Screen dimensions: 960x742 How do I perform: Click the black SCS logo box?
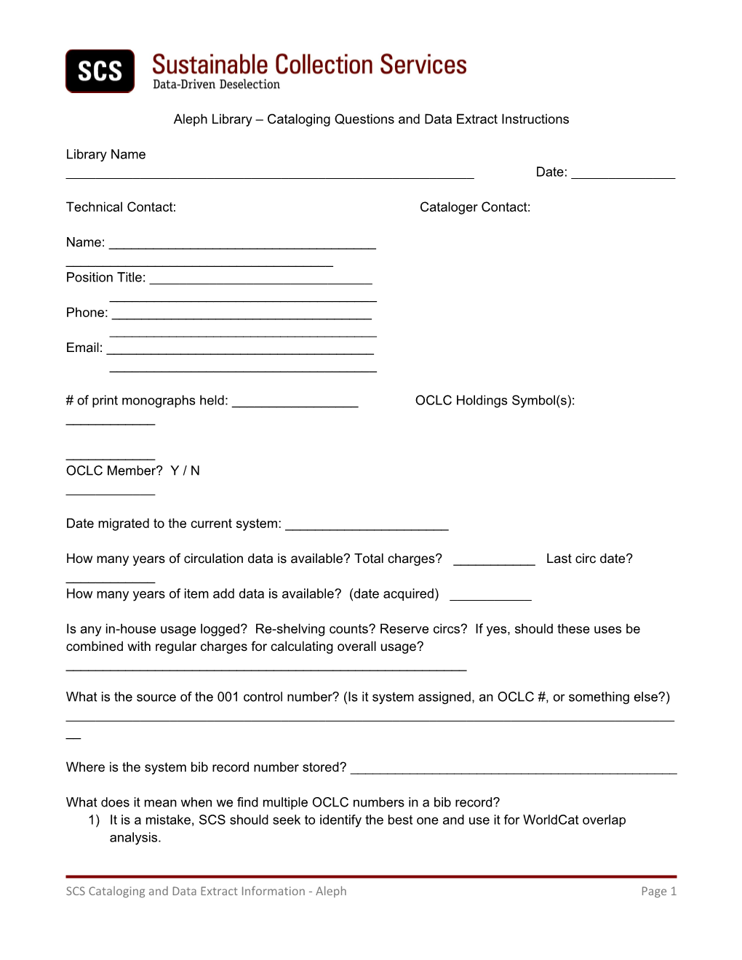pos(100,71)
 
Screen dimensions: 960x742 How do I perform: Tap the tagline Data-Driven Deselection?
pos(216,84)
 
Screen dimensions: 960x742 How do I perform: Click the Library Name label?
pos(105,154)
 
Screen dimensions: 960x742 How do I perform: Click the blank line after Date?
pos(623,175)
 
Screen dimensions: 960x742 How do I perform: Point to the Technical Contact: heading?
pos(121,207)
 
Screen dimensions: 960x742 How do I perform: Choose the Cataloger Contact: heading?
pos(475,207)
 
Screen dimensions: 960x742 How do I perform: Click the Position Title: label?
pos(105,277)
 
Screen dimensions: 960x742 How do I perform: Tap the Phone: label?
pos(87,313)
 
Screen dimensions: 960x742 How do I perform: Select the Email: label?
pos(84,348)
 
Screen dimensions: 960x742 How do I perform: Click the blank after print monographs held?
pos(295,404)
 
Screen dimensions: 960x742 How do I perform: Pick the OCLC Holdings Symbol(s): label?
pos(495,401)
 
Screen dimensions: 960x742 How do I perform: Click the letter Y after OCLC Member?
pos(175,471)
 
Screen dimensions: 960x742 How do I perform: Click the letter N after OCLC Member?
pos(195,471)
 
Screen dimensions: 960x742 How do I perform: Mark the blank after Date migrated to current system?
pos(367,527)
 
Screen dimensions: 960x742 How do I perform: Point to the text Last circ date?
pos(589,559)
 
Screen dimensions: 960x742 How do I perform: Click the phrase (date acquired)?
pos(394,593)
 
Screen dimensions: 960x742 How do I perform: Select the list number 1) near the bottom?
pos(94,820)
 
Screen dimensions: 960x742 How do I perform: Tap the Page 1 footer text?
pos(658,891)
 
